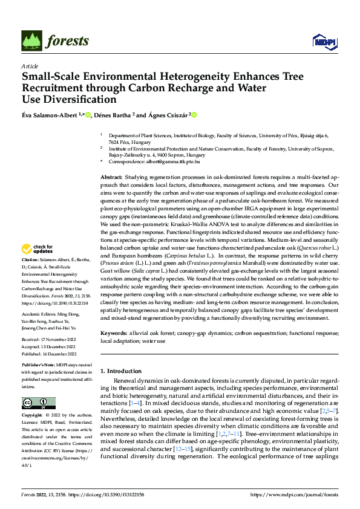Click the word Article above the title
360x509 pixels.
(x=29, y=66)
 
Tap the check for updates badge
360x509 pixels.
(x=38, y=248)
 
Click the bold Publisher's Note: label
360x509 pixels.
(x=39, y=366)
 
